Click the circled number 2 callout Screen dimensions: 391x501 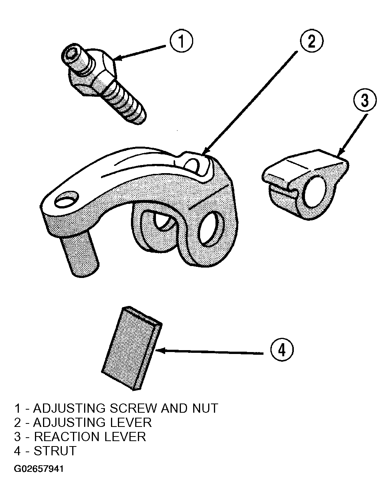(311, 41)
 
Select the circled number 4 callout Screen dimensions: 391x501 (282, 350)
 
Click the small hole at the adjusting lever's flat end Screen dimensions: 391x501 (66, 199)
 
